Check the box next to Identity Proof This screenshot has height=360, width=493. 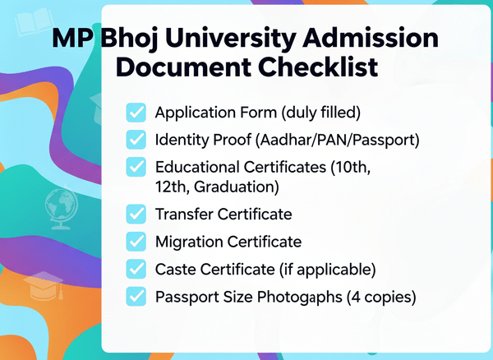click(136, 139)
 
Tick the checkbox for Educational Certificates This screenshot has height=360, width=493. click(136, 167)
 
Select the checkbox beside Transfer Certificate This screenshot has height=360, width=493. click(136, 215)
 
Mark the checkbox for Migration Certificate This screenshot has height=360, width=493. click(136, 242)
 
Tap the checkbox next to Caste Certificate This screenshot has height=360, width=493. click(136, 269)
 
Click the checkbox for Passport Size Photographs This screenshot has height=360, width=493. click(136, 296)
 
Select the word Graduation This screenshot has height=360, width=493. click(238, 187)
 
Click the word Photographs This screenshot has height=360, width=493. click(286, 296)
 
